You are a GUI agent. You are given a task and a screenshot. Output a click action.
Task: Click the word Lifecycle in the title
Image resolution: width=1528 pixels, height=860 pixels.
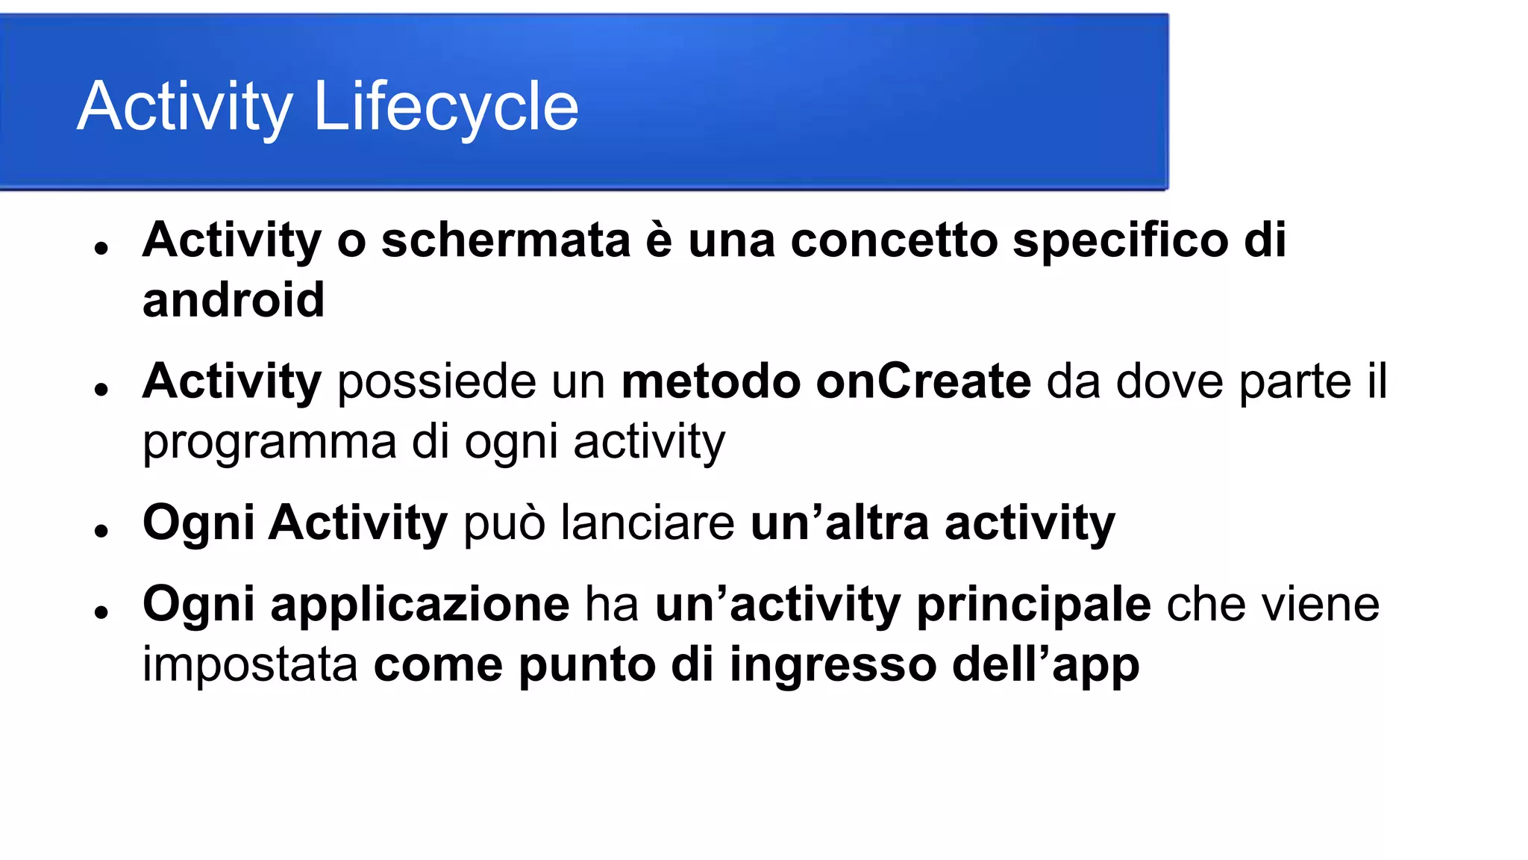445,107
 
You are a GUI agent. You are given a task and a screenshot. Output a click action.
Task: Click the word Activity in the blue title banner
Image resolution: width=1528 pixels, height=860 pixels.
184,107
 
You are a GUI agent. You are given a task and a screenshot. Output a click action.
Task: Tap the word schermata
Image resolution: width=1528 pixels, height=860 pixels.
506,240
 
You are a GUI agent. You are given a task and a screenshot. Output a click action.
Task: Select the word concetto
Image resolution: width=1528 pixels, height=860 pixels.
893,240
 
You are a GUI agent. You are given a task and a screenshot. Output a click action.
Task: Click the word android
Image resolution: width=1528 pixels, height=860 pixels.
233,300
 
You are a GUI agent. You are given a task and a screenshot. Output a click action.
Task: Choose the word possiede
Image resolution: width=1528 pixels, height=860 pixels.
436,381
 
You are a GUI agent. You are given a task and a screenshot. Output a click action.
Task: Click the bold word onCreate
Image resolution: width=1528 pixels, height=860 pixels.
923,381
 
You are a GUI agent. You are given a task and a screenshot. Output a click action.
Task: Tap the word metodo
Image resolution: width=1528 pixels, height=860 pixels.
710,381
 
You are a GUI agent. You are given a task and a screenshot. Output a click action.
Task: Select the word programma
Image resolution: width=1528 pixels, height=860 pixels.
269,442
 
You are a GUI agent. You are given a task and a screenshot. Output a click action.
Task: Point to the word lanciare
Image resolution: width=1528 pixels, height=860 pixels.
647,523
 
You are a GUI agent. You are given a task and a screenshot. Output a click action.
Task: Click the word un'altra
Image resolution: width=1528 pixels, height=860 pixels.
839,523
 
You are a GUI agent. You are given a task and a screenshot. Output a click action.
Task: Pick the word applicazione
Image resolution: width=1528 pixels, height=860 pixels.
420,604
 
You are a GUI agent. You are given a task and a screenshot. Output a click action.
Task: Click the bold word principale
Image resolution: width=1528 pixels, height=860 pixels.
1033,604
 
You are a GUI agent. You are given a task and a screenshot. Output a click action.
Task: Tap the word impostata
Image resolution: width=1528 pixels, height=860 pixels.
250,664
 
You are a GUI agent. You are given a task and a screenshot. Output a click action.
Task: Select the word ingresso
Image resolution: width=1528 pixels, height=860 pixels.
833,664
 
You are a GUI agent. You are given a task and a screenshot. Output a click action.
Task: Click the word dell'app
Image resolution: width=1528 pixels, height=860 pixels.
1045,664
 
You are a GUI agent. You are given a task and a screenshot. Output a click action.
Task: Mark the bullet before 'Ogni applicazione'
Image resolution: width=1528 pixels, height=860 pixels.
102,613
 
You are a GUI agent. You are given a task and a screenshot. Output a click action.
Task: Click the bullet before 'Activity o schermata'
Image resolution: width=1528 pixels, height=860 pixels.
102,249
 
